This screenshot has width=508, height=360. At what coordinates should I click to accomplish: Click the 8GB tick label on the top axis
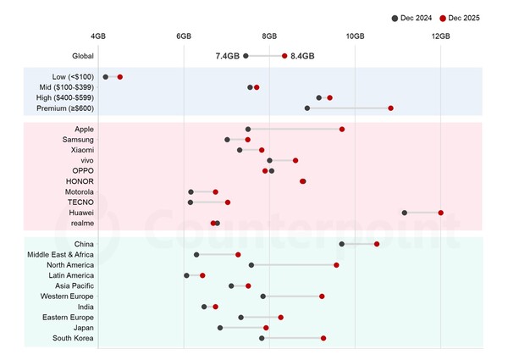pyautogui.click(x=269, y=36)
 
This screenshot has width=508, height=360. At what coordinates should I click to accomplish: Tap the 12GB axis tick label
pyautogui.click(x=440, y=36)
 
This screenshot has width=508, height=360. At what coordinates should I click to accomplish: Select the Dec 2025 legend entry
pyautogui.click(x=458, y=18)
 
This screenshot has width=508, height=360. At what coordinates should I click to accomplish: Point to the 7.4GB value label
pyautogui.click(x=228, y=56)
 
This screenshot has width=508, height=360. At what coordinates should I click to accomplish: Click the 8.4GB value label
pyautogui.click(x=302, y=56)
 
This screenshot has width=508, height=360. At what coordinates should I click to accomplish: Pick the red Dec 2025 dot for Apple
pyautogui.click(x=342, y=129)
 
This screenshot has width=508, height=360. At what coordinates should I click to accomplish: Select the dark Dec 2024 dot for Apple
pyautogui.click(x=248, y=129)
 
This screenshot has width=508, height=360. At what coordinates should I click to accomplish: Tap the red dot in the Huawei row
pyautogui.click(x=441, y=213)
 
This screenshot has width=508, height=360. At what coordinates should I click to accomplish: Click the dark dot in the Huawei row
pyautogui.click(x=405, y=213)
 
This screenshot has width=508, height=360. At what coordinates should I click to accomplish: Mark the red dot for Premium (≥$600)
pyautogui.click(x=390, y=108)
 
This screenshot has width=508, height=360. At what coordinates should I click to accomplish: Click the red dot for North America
pyautogui.click(x=336, y=265)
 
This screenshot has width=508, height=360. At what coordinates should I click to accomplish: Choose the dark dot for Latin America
pyautogui.click(x=187, y=275)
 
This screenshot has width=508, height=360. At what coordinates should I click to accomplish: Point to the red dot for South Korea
pyautogui.click(x=323, y=338)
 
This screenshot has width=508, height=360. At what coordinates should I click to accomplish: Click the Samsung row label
pyautogui.click(x=78, y=139)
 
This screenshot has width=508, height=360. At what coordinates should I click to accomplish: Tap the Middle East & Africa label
pyautogui.click(x=60, y=254)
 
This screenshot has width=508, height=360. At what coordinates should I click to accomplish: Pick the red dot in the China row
pyautogui.click(x=377, y=244)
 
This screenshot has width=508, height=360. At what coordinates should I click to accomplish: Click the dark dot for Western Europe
pyautogui.click(x=263, y=296)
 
